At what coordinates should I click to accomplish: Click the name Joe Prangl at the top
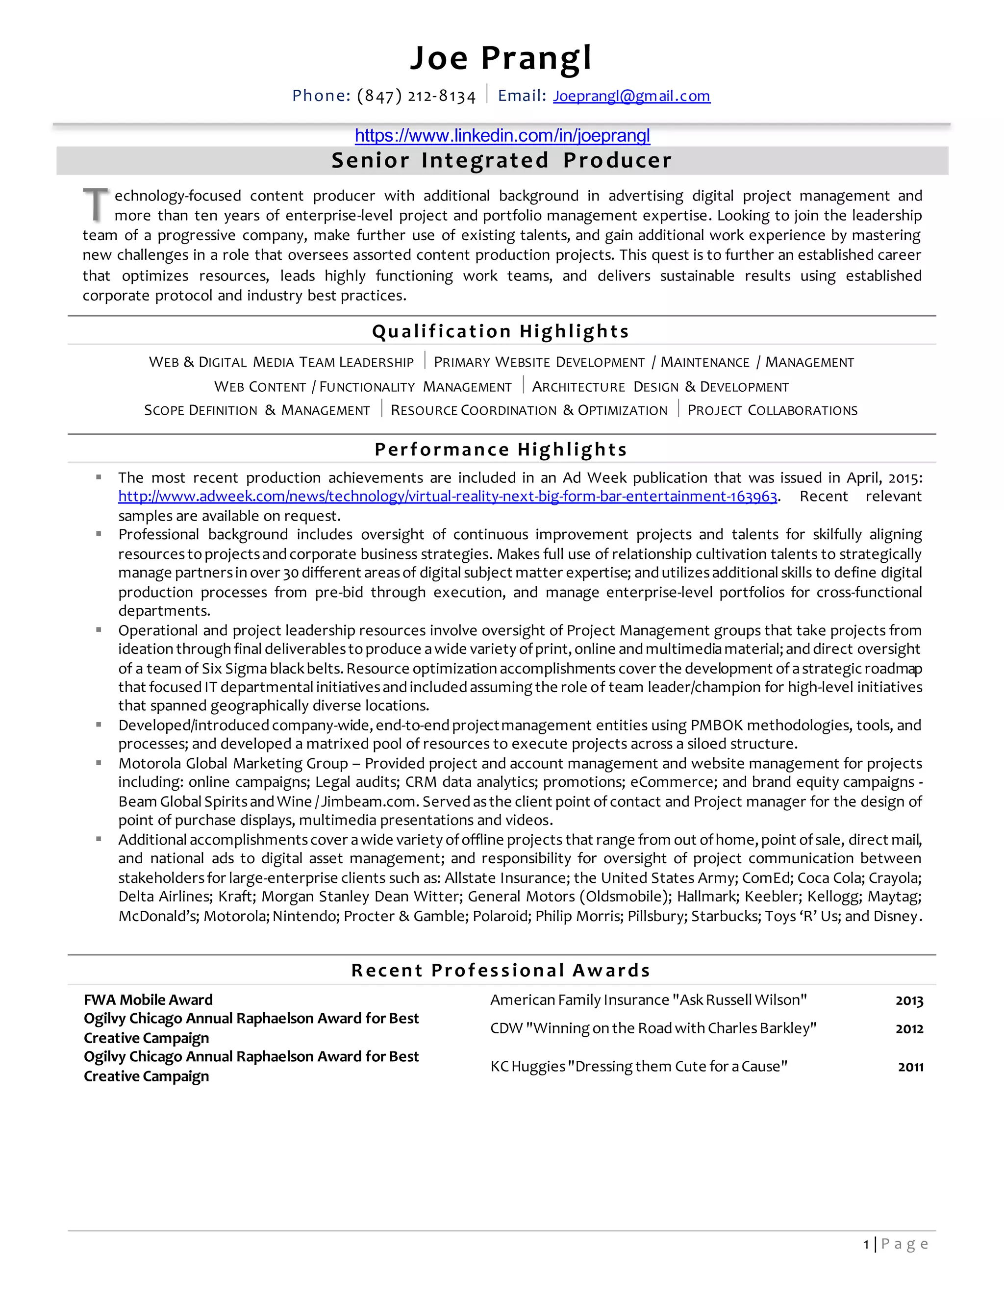[501, 58]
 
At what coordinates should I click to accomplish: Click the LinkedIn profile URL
[502, 136]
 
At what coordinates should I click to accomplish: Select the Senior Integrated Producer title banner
[502, 161]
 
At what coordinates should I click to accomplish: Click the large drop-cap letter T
[95, 204]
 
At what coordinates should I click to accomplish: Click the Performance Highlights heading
[501, 450]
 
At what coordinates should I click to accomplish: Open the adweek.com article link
[447, 497]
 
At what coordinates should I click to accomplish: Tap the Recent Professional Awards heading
[501, 971]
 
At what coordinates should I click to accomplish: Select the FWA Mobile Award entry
[148, 1000]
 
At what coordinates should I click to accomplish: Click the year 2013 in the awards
[909, 1001]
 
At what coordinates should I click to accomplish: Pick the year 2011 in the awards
[910, 1067]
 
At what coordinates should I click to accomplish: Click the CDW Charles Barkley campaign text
[653, 1028]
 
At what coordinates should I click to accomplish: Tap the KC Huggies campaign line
[638, 1067]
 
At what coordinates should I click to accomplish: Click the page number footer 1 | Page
[896, 1244]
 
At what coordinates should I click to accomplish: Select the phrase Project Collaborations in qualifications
[772, 410]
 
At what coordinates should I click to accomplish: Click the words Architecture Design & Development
[660, 387]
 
